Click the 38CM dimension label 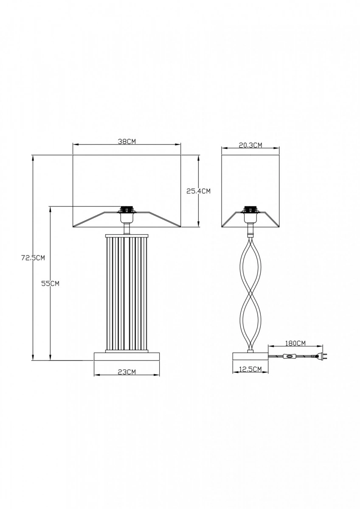[x=127, y=141]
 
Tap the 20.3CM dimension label [x=250, y=145]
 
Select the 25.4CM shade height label [x=199, y=191]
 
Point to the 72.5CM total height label [x=33, y=258]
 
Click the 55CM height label [x=50, y=284]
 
